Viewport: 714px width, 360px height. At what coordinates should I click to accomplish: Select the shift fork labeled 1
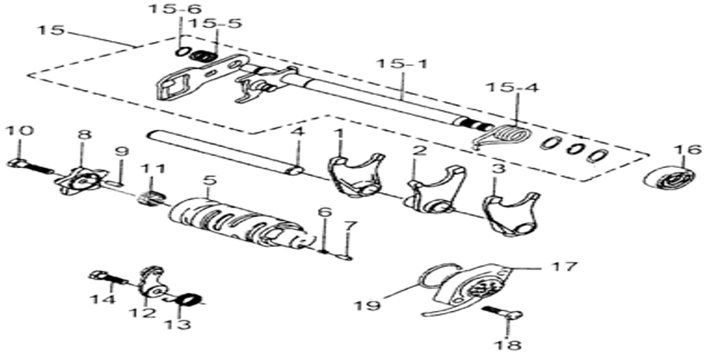pos(356,175)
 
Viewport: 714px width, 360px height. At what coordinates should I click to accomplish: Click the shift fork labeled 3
pos(509,213)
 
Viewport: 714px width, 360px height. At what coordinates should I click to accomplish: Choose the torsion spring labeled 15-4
pos(503,136)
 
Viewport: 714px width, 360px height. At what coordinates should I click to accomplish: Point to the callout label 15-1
pos(402,63)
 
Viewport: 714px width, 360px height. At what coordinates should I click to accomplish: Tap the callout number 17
pos(564,266)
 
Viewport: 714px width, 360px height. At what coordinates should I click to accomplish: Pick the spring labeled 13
pos(187,301)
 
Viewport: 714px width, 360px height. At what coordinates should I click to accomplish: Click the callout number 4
pos(297,133)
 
